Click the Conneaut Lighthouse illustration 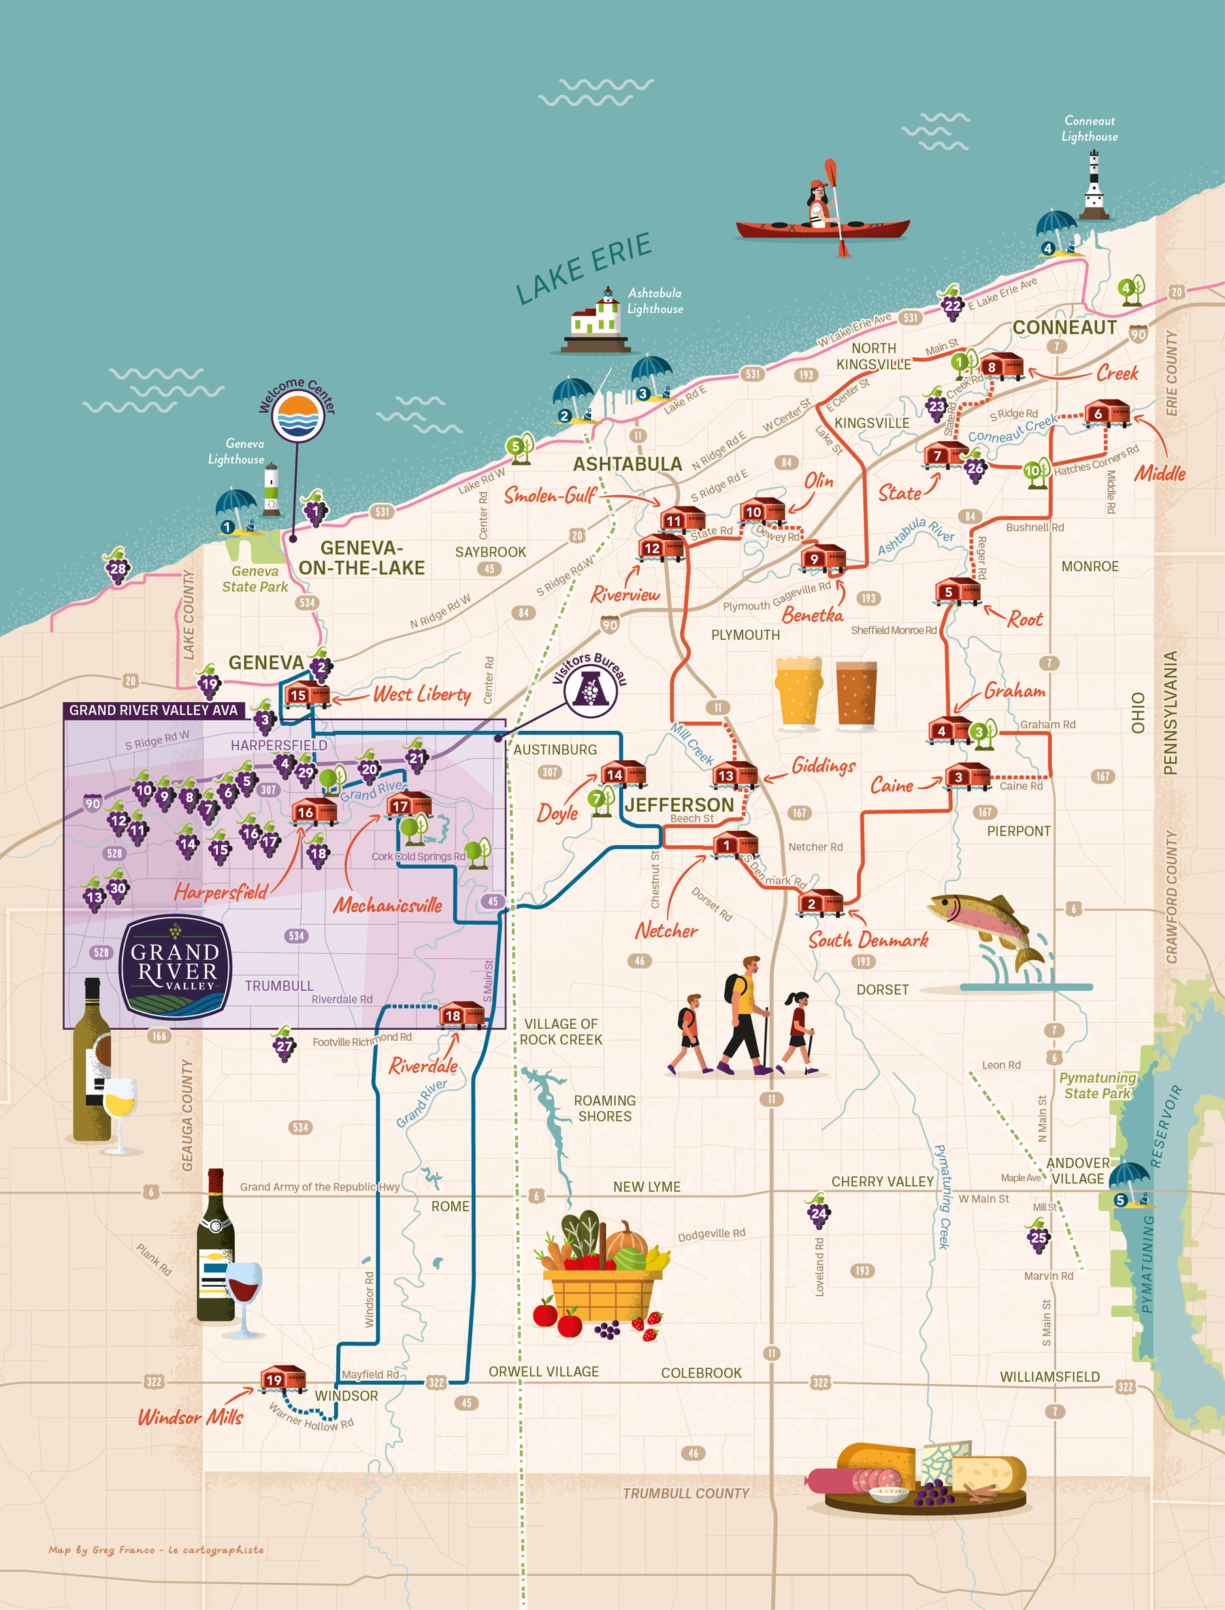1094,186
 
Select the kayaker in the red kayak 823,212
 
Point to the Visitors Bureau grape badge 591,689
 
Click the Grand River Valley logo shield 175,967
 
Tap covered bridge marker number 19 283,1379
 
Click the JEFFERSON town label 679,805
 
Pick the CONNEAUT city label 1064,327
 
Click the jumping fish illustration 988,930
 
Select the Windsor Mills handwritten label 191,1417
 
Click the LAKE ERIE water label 583,268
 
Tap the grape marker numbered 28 117,568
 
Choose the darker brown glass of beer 856,694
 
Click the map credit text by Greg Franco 156,1550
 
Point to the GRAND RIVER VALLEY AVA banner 153,710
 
